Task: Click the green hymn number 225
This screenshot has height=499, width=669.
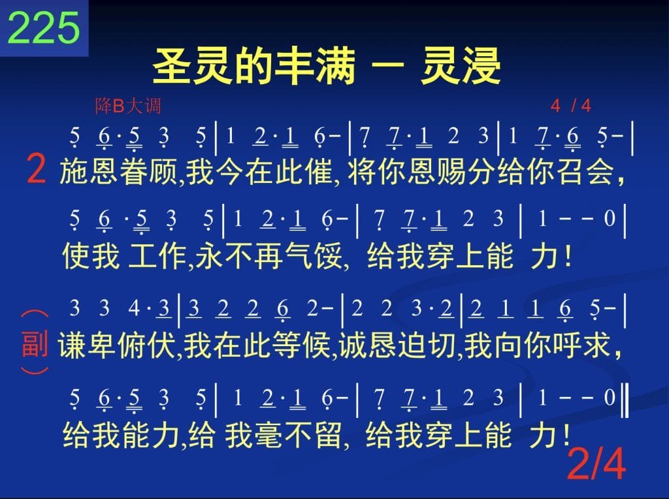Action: pyautogui.click(x=44, y=27)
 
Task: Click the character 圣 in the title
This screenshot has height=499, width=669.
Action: pyautogui.click(x=171, y=67)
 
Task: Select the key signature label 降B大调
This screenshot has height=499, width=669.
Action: pyautogui.click(x=127, y=105)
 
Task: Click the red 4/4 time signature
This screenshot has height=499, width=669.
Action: pyautogui.click(x=570, y=105)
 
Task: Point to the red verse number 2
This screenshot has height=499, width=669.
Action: pyautogui.click(x=36, y=169)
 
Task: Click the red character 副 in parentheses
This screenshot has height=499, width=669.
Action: pyautogui.click(x=35, y=344)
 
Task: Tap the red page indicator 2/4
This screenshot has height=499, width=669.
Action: pyautogui.click(x=596, y=464)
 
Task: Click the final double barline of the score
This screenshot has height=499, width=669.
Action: pyautogui.click(x=625, y=400)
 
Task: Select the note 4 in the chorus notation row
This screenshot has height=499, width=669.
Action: pyautogui.click(x=133, y=308)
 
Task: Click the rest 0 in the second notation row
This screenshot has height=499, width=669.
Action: pyautogui.click(x=610, y=218)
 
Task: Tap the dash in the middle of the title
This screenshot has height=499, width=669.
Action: pyautogui.click(x=387, y=65)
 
